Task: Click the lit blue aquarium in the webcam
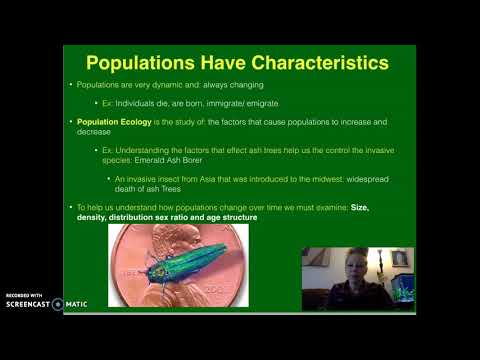[402, 287]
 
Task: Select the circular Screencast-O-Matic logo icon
[58, 304]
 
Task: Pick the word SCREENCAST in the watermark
[25, 304]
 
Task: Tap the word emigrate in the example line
[260, 103]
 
